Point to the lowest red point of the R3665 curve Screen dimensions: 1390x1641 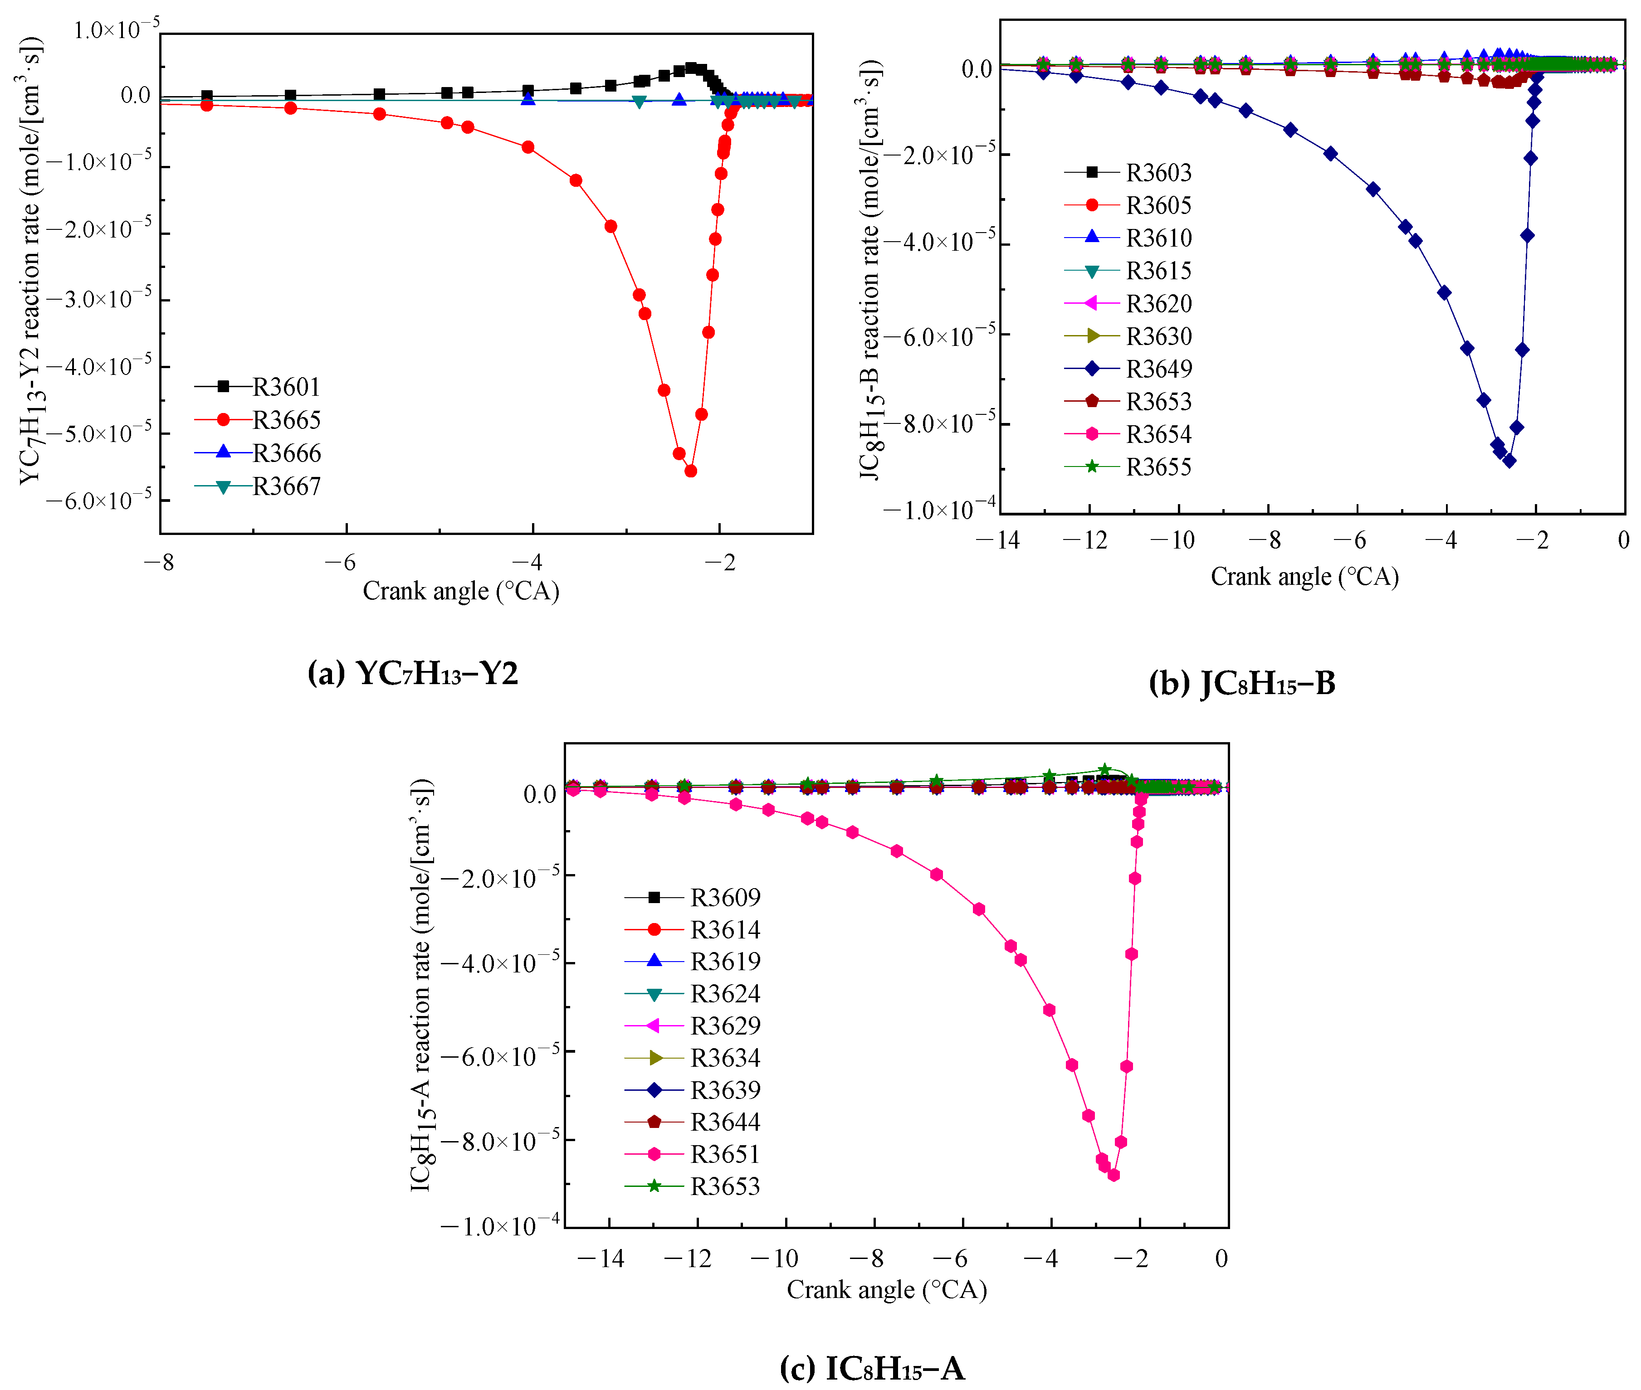click(x=690, y=471)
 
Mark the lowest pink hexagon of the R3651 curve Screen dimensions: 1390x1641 click(x=1114, y=1175)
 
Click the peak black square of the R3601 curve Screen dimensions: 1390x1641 click(x=690, y=68)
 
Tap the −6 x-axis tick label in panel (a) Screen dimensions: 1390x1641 click(x=341, y=563)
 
